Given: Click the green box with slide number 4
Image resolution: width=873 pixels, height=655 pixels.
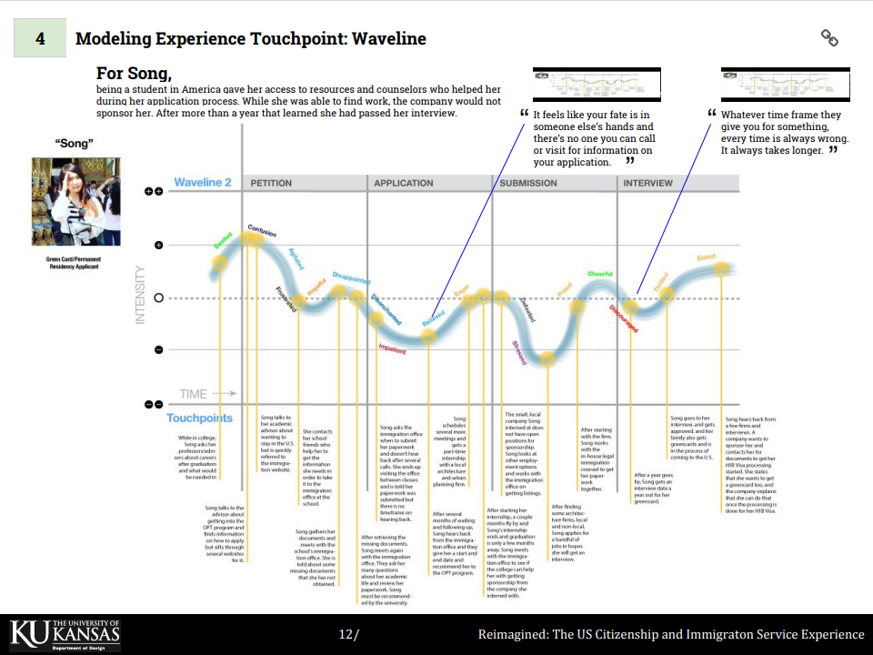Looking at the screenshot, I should pos(39,39).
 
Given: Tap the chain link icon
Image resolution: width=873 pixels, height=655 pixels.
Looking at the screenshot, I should pos(828,37).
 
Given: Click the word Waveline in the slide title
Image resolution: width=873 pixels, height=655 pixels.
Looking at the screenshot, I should pos(388,39).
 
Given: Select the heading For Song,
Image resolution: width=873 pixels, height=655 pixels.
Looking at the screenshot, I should pos(134,73).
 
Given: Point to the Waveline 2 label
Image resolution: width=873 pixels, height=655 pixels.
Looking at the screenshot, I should pos(203,183).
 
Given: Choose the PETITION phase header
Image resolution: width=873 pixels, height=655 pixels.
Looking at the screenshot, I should pos(271,183).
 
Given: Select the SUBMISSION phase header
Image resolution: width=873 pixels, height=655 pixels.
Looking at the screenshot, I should pos(528,183).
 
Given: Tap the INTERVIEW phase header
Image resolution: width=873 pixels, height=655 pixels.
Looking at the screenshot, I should pos(647,183).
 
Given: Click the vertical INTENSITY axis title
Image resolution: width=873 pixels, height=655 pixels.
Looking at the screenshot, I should pos(140,294).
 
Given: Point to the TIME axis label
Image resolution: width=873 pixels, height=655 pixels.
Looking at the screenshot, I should pos(194,394).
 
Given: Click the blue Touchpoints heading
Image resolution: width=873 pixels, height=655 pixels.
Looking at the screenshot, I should pos(199,418).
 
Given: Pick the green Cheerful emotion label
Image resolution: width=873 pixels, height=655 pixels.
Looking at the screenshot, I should pos(600,275).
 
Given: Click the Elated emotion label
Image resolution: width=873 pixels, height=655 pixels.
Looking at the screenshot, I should pos(706,258).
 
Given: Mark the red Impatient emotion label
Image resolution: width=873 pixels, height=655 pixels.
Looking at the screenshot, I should pos(392,349).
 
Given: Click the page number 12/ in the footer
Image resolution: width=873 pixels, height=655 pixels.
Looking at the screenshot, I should pos(348,634).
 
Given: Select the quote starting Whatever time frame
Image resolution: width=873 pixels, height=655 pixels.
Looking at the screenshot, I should pos(784,133).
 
